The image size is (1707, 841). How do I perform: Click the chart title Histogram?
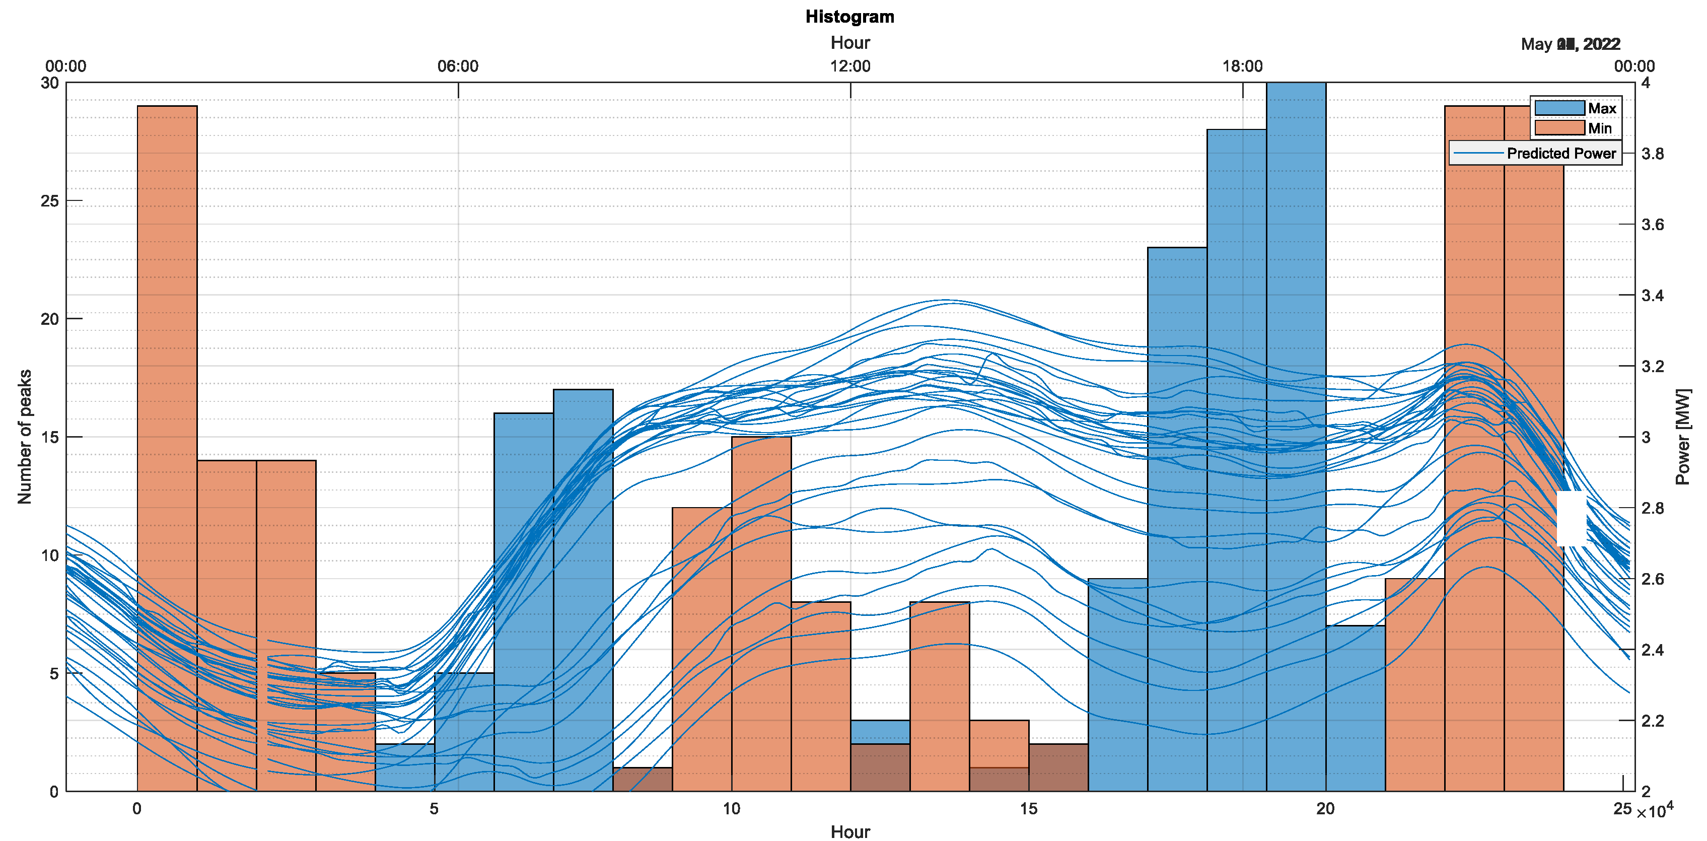849,17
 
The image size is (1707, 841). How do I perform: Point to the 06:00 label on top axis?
457,66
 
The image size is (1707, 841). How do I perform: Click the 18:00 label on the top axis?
1242,66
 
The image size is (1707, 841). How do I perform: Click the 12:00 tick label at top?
850,66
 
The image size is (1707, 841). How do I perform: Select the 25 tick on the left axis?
50,201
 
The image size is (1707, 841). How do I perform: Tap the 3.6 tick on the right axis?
1653,225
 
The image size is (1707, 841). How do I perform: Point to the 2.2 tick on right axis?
1653,720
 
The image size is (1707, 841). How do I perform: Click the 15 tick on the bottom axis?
1028,809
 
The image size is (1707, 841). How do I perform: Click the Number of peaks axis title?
25,436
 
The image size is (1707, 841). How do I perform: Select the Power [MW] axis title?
1683,436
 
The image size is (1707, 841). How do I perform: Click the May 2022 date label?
1571,44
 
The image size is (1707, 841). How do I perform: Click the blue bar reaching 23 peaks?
1177,464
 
